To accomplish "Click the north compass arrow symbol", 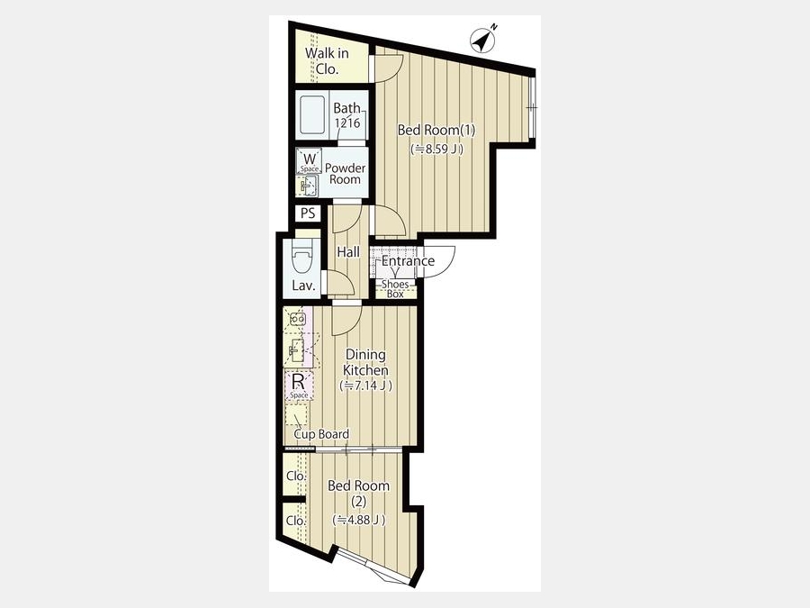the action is (x=483, y=39).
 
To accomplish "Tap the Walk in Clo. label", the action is (x=327, y=61).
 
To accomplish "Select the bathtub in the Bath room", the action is (x=312, y=115).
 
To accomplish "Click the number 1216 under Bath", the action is (x=347, y=123).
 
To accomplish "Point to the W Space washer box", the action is (x=309, y=161).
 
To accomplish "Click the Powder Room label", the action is (x=345, y=174).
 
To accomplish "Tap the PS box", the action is (x=308, y=213).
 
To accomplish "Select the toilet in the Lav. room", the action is (x=302, y=258).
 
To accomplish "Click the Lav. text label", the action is (x=304, y=286).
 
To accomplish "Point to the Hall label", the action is (x=348, y=252).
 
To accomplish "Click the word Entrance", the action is (x=408, y=261).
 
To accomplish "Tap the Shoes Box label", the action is (x=395, y=289).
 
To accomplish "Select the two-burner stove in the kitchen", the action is (x=298, y=319).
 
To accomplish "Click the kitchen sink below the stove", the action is (x=297, y=351).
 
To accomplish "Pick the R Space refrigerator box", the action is (x=299, y=386).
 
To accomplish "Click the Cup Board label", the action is (x=321, y=434).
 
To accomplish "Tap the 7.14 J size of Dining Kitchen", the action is (x=365, y=386).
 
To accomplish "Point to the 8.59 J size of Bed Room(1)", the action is (x=436, y=149).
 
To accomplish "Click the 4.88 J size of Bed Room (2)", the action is (x=359, y=520).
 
